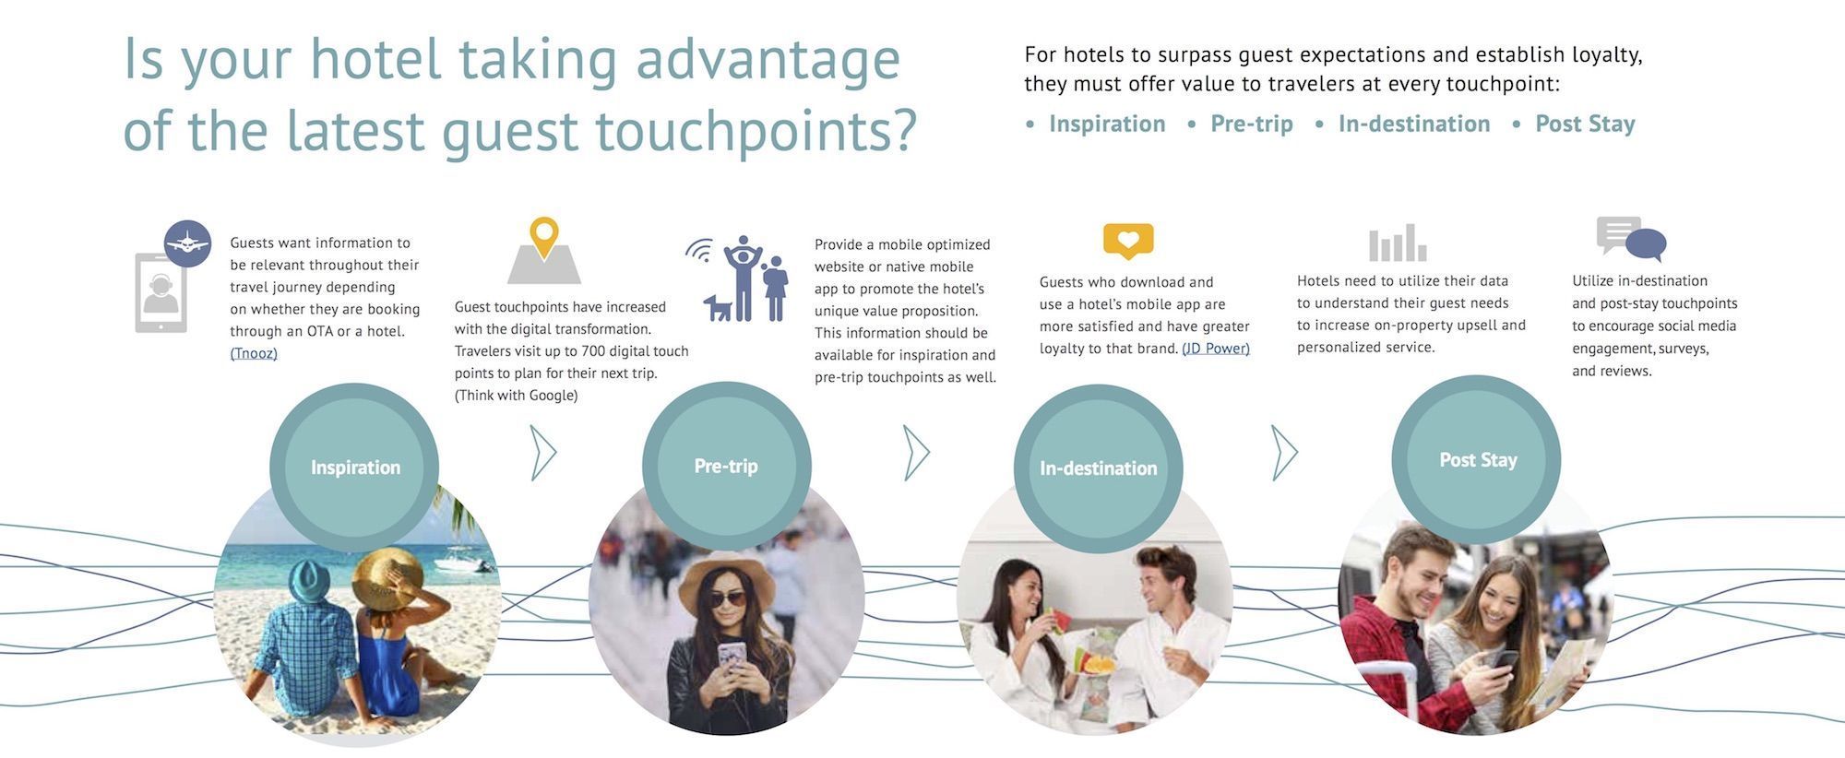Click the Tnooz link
[254, 353]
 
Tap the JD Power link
[1216, 349]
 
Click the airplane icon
[188, 243]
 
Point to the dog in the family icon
[718, 308]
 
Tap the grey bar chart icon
[1398, 243]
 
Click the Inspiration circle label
[355, 468]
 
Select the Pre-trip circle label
[726, 467]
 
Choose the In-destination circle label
[1098, 468]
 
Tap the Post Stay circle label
[1478, 460]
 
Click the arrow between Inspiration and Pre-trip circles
[543, 453]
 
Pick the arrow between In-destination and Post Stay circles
[1284, 453]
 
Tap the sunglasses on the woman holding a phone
[727, 599]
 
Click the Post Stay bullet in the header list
[1585, 124]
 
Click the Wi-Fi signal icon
[699, 251]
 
